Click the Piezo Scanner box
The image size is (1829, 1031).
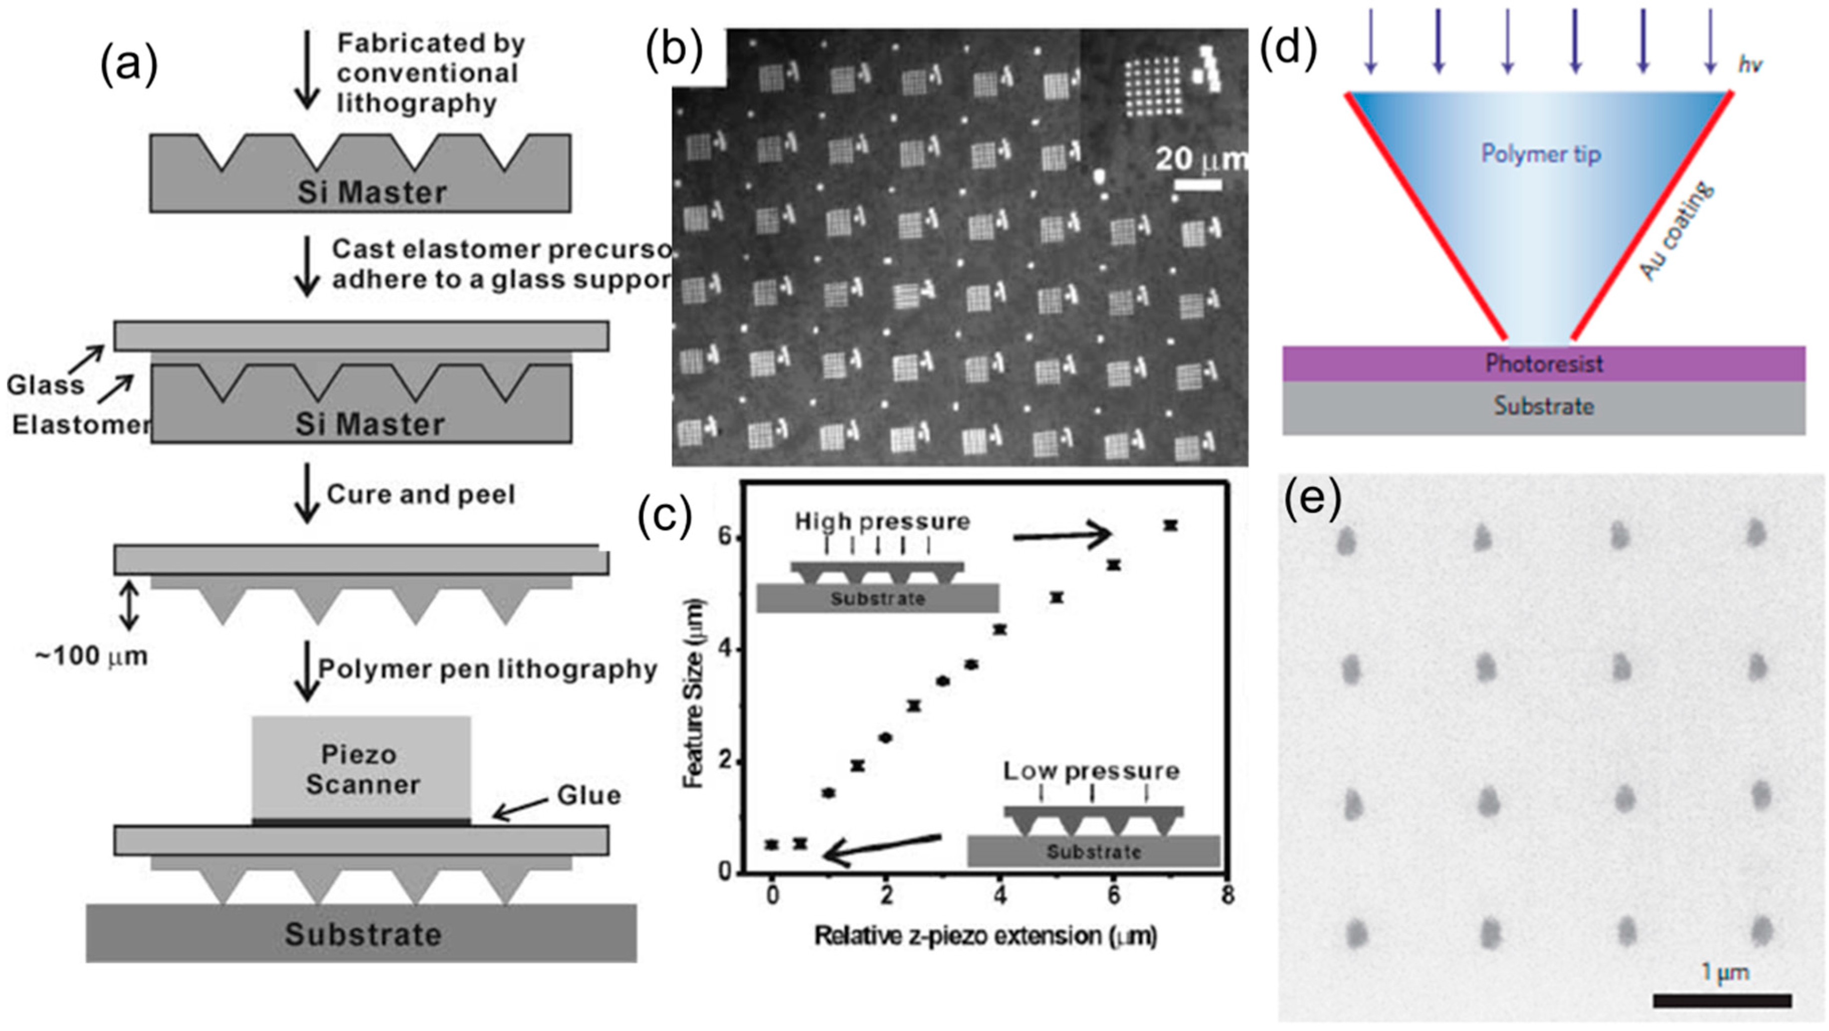pyautogui.click(x=361, y=768)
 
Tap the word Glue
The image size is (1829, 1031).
pyautogui.click(x=588, y=795)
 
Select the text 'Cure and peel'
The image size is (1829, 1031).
pyautogui.click(x=421, y=494)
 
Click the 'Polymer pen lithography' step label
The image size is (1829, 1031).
pyautogui.click(x=487, y=668)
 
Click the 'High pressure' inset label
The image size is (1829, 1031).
pyautogui.click(x=882, y=522)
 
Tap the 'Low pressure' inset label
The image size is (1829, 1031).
pyautogui.click(x=1091, y=771)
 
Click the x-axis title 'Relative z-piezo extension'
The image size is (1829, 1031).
pyautogui.click(x=985, y=936)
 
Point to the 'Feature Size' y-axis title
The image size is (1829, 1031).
pyautogui.click(x=693, y=694)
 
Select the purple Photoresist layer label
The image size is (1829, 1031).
pyautogui.click(x=1544, y=364)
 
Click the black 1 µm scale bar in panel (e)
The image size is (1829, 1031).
pyautogui.click(x=1722, y=1000)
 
